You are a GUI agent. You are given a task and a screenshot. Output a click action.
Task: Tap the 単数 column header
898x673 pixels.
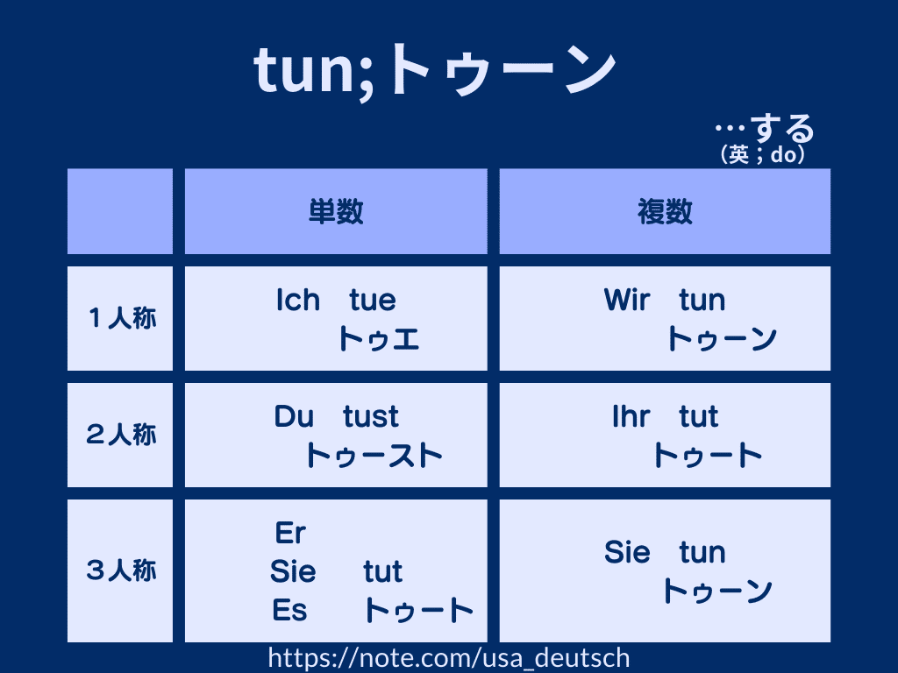coord(336,211)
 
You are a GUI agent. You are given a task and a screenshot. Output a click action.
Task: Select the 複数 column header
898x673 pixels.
coord(665,211)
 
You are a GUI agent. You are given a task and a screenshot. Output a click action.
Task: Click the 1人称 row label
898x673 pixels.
coord(122,318)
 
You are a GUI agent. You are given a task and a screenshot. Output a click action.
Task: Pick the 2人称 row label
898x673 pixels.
coord(121,435)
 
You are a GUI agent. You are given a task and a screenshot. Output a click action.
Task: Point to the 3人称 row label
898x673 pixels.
coord(121,570)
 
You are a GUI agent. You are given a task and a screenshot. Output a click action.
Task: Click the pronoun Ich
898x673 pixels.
coord(298,300)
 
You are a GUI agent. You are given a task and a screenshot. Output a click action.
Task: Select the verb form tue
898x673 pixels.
coord(373,301)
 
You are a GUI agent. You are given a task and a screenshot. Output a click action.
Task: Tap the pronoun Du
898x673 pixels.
coord(294,416)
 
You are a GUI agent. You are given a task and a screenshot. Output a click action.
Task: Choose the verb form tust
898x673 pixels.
coord(371,416)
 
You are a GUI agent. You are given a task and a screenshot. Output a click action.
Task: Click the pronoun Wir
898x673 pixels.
coord(627,300)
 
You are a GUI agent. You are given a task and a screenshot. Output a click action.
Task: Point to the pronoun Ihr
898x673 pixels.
coord(631,416)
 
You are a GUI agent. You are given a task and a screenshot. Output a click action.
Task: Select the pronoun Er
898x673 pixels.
coord(290,533)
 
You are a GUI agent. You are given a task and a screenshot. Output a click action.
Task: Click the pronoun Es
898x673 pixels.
coord(289,610)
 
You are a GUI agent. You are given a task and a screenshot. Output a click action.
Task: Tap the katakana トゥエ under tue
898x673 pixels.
coord(379,339)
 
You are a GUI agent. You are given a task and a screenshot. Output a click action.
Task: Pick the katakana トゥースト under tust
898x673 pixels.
coord(374,456)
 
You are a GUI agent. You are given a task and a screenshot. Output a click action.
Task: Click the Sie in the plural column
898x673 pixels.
coord(627,552)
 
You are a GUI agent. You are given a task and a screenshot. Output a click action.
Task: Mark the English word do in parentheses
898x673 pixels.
coord(783,154)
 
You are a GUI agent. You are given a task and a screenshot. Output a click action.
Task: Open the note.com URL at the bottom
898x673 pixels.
coord(449,658)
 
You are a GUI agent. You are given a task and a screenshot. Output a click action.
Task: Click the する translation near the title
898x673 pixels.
coord(782,128)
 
